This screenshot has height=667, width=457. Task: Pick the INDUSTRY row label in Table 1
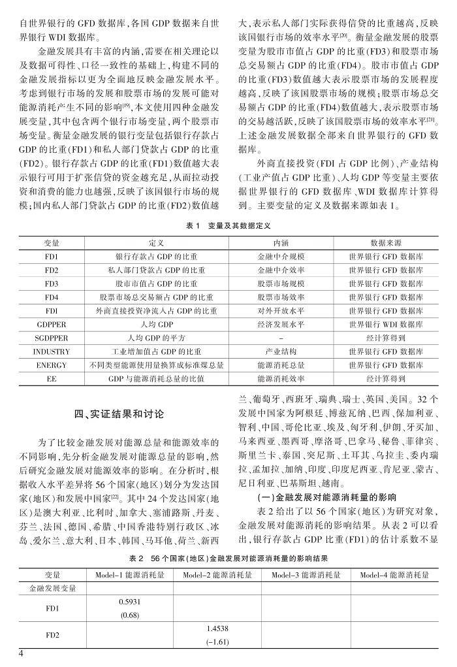[x=52, y=351]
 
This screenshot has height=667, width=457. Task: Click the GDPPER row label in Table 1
[x=52, y=324]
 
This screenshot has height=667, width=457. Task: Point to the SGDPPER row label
[x=52, y=338]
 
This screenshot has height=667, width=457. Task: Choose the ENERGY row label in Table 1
[x=52, y=365]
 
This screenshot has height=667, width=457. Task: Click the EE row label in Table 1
[x=52, y=379]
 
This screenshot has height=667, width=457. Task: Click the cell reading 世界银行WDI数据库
[x=386, y=324]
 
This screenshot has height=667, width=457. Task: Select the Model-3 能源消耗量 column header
[x=306, y=575]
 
